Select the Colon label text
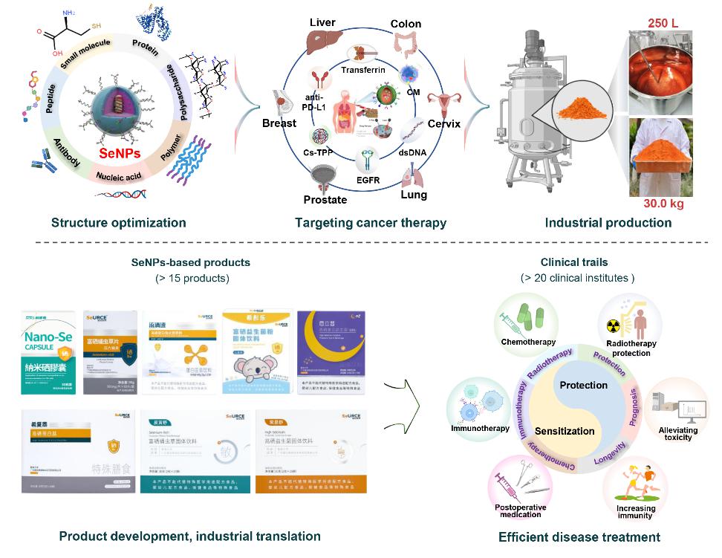[406, 24]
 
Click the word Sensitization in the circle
[565, 431]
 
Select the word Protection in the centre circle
[584, 385]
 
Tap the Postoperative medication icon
[521, 482]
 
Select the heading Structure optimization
[119, 222]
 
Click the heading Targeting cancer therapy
[371, 222]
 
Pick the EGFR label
[368, 178]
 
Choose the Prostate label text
[325, 199]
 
